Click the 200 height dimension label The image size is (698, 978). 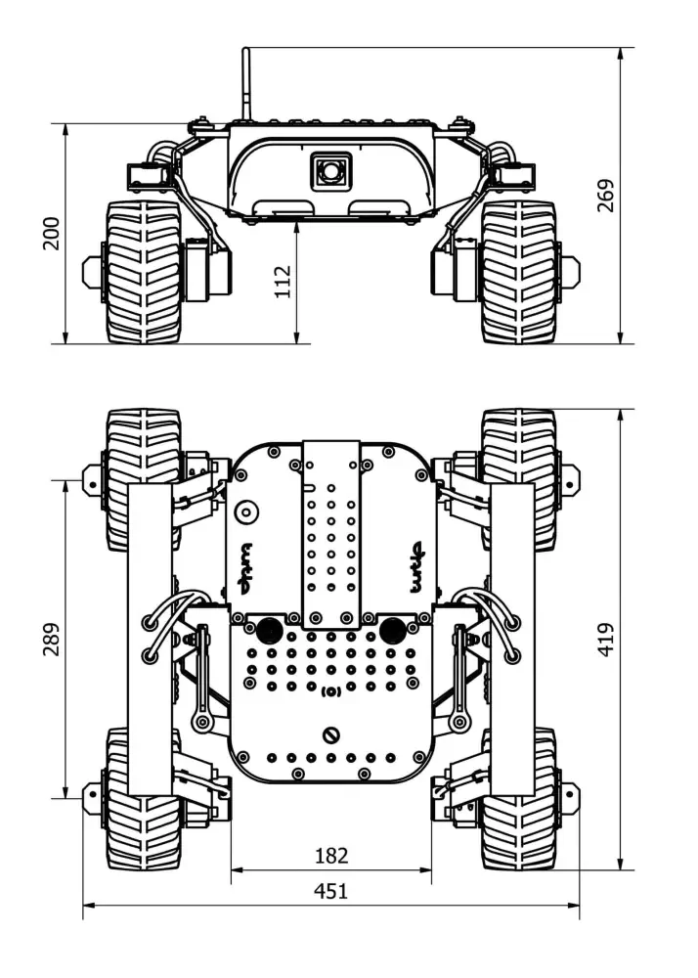[x=51, y=233]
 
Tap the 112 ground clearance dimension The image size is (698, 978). [x=283, y=282]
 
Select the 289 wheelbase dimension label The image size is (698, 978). [x=51, y=639]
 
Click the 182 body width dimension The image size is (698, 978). [x=331, y=856]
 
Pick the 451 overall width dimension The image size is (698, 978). [x=330, y=891]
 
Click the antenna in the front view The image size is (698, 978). [x=247, y=83]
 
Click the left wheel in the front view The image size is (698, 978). [x=143, y=272]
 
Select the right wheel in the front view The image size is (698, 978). [x=519, y=272]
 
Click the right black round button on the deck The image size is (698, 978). [x=393, y=629]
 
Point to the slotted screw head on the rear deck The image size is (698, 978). [x=331, y=734]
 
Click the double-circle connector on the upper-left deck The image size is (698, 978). [x=245, y=511]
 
